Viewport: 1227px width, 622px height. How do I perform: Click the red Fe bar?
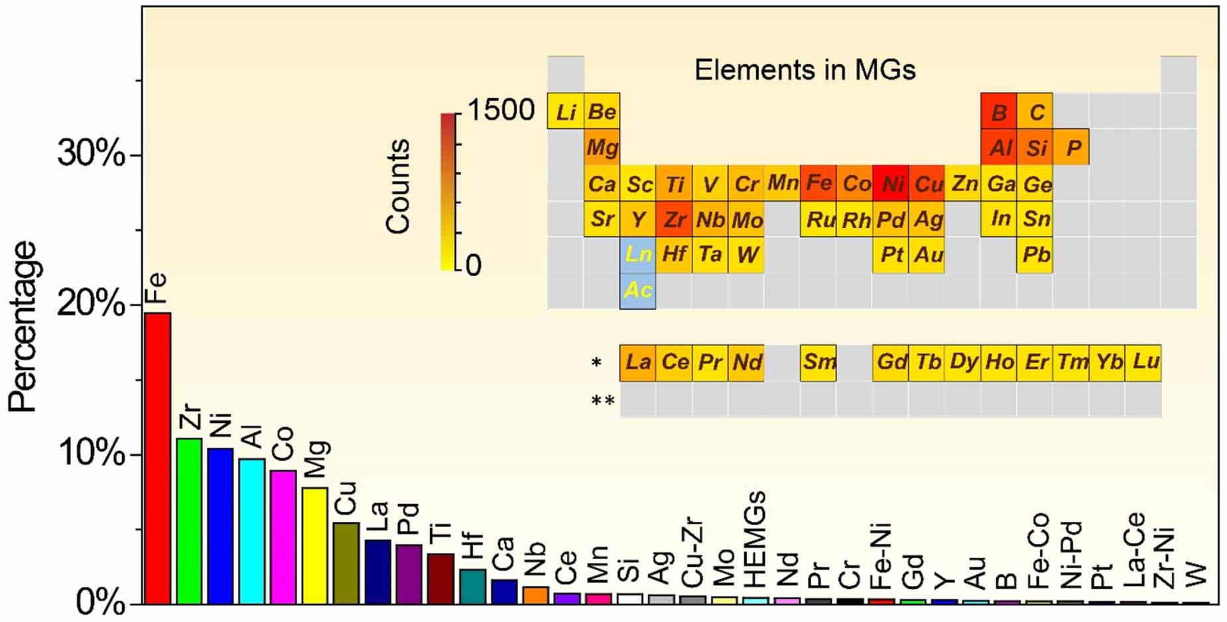click(158, 458)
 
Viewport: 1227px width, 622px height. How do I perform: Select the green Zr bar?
click(189, 521)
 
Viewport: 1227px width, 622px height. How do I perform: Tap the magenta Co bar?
click(283, 536)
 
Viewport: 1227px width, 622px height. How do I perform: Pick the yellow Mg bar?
click(315, 545)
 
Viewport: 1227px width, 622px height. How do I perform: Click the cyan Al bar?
click(252, 530)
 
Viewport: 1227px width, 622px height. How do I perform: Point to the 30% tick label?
click(91, 154)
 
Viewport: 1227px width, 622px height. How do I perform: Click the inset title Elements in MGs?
click(805, 70)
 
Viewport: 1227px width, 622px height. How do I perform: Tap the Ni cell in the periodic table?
click(890, 184)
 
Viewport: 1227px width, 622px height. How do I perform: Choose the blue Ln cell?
click(637, 255)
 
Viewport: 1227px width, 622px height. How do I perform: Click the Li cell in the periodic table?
click(565, 111)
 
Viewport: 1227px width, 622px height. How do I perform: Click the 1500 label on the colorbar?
click(501, 110)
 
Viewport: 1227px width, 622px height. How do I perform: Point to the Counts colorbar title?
click(398, 186)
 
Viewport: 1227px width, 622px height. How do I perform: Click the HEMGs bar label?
click(755, 539)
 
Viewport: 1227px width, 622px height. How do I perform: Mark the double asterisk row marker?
click(602, 401)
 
